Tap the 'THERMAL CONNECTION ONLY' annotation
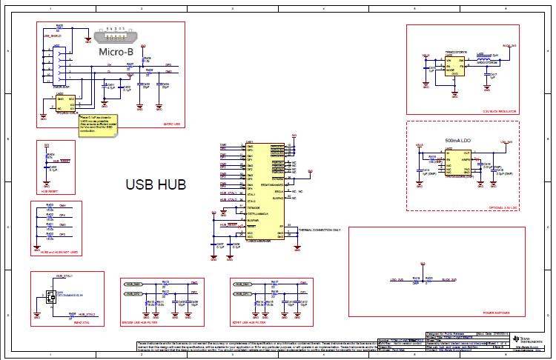[319, 230]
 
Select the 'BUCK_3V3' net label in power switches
[449, 280]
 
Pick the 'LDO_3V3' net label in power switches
[396, 280]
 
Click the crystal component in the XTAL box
[50, 296]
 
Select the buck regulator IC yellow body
[454, 67]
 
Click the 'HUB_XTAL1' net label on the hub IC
[229, 194]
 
